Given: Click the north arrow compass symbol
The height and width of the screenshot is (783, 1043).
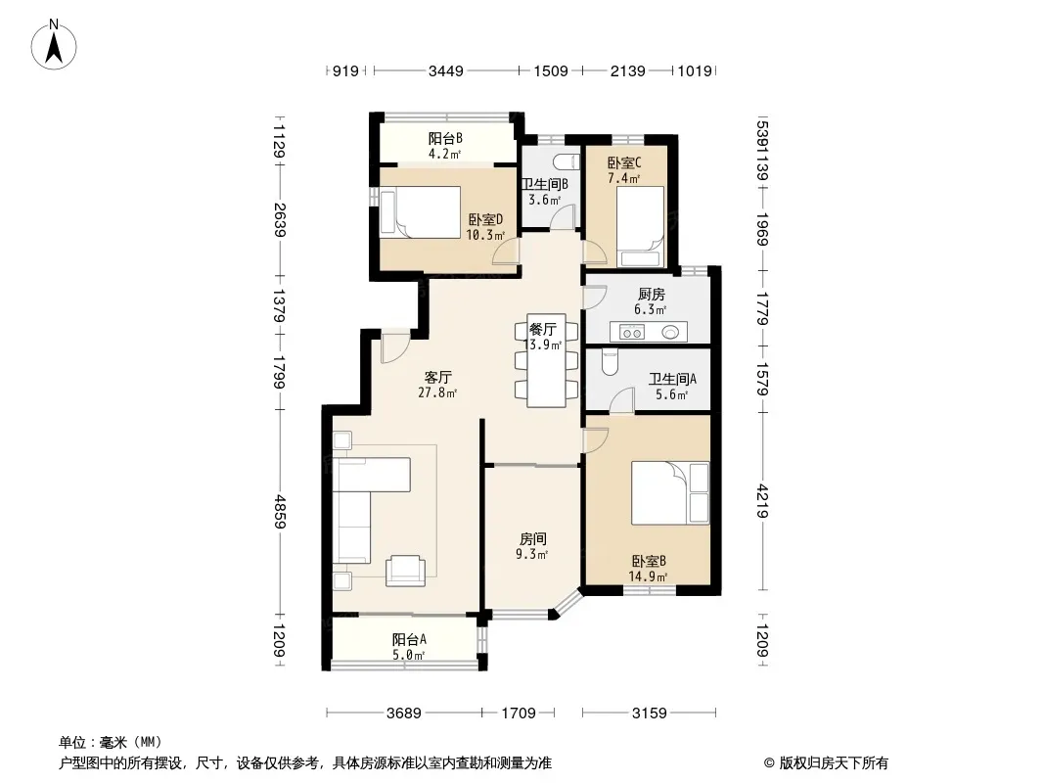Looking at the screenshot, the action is coord(54,44).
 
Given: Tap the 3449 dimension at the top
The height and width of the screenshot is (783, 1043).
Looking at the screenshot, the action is coord(445,70).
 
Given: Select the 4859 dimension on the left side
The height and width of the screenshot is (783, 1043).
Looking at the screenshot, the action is coord(281,512).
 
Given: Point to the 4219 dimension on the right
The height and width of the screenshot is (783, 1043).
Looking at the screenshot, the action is coord(762,501).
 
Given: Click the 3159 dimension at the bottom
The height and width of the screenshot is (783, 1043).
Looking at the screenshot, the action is coord(650,714).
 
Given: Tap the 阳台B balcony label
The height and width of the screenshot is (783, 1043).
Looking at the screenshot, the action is coord(445,138).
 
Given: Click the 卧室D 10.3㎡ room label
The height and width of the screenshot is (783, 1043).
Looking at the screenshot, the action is coord(485,227).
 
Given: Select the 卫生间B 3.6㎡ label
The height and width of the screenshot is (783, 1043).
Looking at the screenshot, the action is coord(545,192).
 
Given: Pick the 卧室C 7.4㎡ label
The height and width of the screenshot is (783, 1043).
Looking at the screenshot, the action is coord(624,170).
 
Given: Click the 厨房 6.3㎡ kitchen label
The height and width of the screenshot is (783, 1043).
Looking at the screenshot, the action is coord(651,301).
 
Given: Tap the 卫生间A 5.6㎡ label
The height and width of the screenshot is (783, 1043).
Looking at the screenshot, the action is coord(672,387).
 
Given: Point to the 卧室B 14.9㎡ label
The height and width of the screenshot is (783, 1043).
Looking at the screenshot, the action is coord(649,569).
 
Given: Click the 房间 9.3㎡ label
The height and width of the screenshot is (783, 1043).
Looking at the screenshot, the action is coord(532,546).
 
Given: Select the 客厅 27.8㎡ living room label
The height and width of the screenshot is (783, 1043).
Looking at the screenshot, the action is coord(437,385).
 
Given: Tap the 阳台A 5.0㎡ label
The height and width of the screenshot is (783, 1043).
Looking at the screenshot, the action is coord(408,647).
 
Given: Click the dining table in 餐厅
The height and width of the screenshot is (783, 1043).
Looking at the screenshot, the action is coord(547,360).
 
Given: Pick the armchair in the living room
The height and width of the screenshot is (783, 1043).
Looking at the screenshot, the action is coord(406,570).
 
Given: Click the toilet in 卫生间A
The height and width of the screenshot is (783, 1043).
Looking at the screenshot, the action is coord(610,361).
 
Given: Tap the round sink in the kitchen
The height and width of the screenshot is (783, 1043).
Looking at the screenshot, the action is coord(670,331).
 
